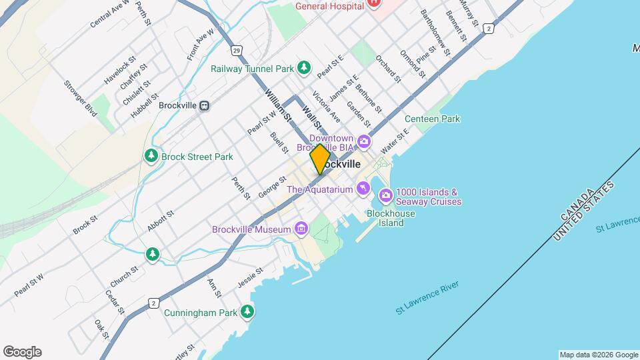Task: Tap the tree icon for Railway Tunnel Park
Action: click(x=304, y=67)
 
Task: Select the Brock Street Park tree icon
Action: click(x=152, y=156)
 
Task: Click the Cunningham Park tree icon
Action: click(x=248, y=311)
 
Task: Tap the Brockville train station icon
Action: click(x=205, y=105)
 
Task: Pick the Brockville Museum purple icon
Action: click(x=301, y=229)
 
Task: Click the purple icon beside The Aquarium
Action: click(x=363, y=189)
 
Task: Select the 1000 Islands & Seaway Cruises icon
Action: click(x=385, y=195)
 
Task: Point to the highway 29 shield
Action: click(x=237, y=50)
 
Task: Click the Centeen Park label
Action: click(x=433, y=119)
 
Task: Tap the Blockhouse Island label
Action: click(x=391, y=218)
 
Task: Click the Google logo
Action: click(x=22, y=352)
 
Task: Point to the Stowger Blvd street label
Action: click(x=81, y=98)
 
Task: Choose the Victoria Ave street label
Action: click(x=326, y=107)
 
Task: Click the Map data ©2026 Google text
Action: click(x=598, y=355)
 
